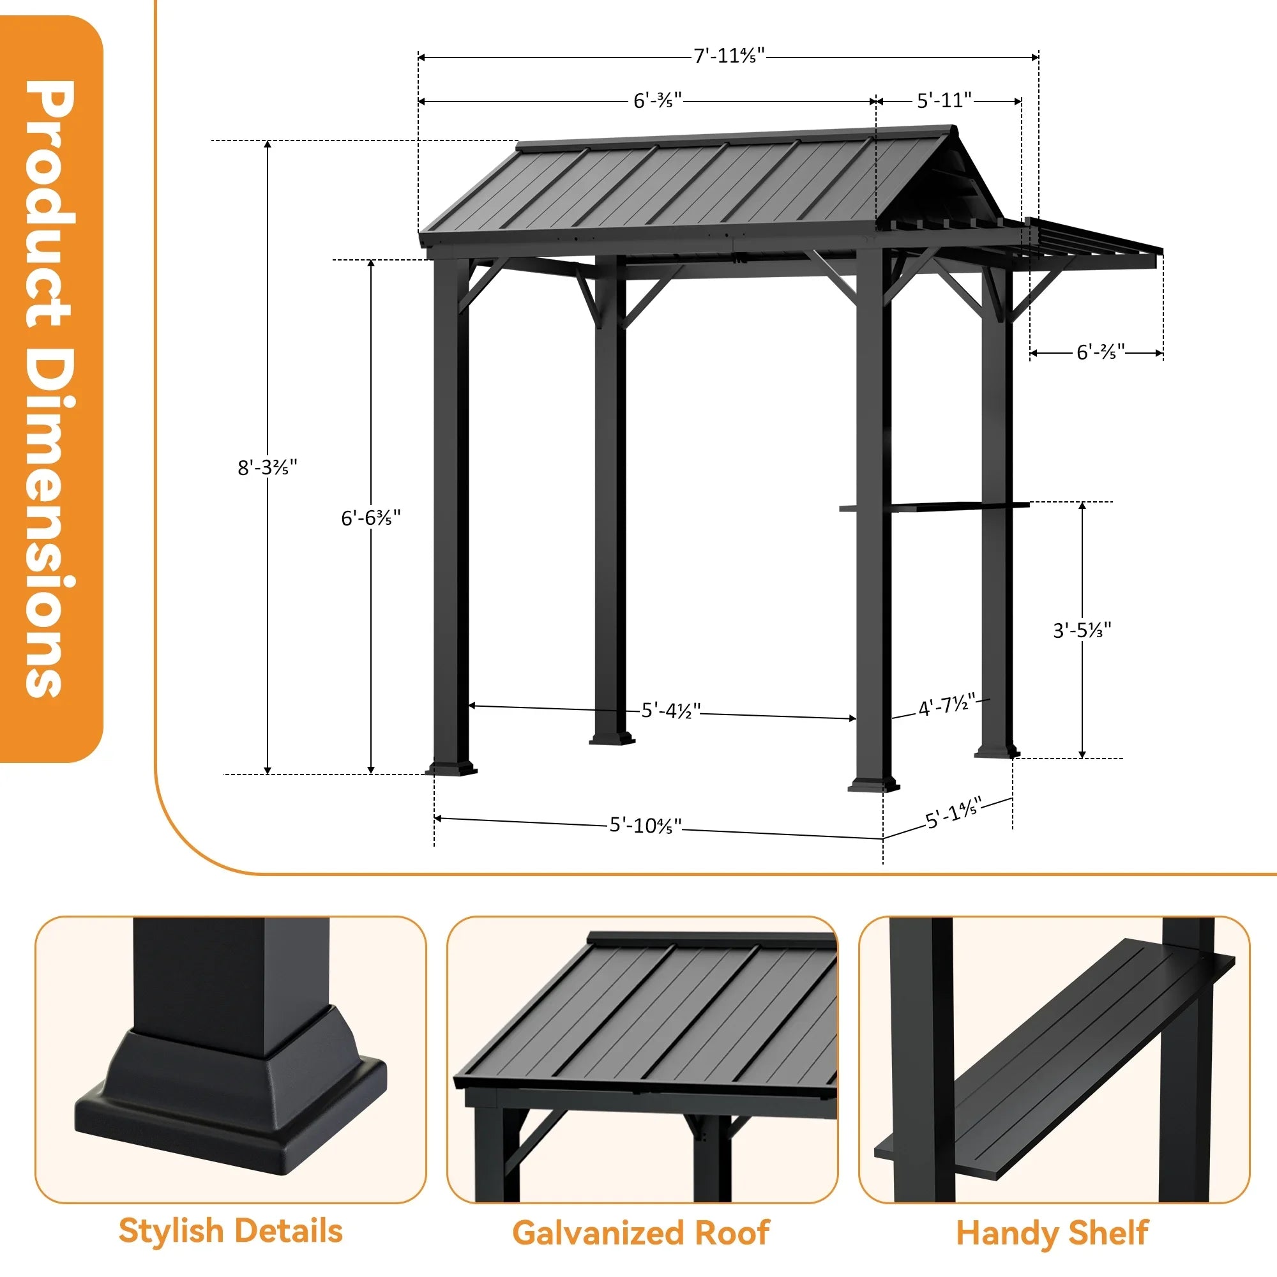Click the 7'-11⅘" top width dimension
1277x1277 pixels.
coord(729,56)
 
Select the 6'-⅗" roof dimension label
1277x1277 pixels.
coord(657,100)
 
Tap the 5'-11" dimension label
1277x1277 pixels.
coord(944,100)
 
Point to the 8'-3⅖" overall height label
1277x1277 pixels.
coord(267,467)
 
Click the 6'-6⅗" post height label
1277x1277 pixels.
coord(370,518)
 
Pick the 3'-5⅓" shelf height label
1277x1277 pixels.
coord(1082,630)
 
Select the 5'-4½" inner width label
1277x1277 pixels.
coord(670,711)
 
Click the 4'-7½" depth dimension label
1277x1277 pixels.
coord(946,706)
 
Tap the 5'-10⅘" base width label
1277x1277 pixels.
coord(645,825)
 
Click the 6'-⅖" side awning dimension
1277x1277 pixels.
coord(1100,352)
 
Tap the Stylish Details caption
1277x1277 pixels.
coord(230,1231)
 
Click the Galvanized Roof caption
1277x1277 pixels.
coord(640,1233)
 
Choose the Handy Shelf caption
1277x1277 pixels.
coord(1052,1233)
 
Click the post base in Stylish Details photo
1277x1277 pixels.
coord(231,1084)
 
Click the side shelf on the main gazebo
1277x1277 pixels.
coord(933,507)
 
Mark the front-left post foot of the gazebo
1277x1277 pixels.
coord(451,769)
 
